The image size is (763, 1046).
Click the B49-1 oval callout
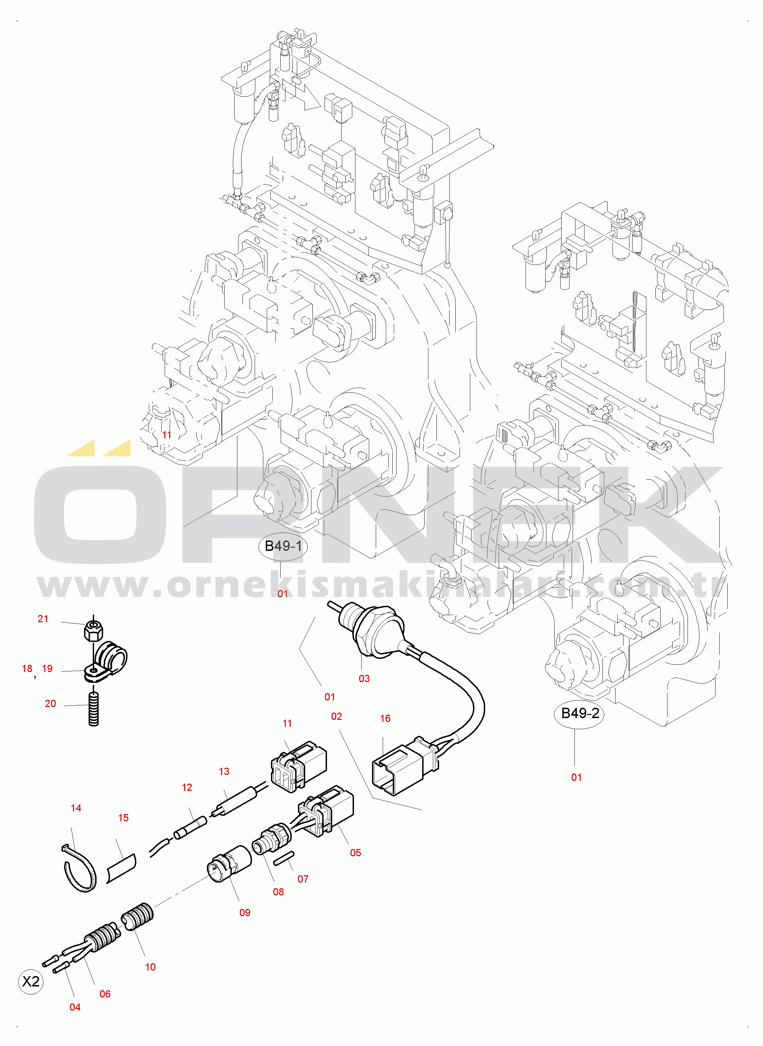283,546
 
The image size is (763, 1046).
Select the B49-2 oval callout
580,713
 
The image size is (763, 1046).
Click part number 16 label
385,718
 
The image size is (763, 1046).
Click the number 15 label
123,818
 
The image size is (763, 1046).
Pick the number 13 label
224,771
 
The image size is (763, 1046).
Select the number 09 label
245,912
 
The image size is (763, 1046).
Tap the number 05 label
355,853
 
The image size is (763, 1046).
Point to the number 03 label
364,679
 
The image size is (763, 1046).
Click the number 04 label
75,1007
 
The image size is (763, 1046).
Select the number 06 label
105,994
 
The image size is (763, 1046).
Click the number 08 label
278,892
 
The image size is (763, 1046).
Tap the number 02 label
336,717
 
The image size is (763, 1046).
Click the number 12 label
187,787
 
